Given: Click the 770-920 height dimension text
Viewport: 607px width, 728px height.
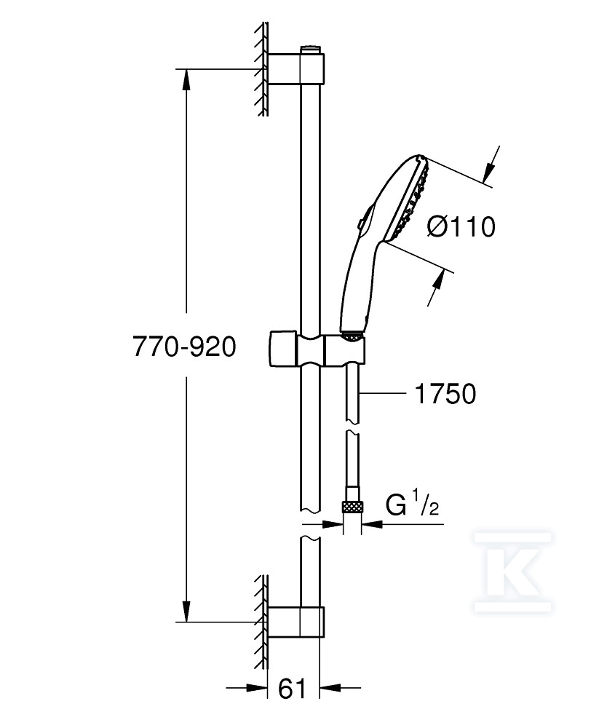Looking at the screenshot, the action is point(184,347).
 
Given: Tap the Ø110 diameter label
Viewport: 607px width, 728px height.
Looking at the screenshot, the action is point(461,227).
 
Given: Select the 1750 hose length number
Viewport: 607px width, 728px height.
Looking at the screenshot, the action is point(445,394).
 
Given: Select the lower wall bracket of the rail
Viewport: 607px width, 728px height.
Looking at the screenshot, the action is point(296,622).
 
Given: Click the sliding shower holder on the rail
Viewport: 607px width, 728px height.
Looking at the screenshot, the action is point(317,349).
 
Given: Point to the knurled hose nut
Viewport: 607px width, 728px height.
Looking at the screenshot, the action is point(352,507).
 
